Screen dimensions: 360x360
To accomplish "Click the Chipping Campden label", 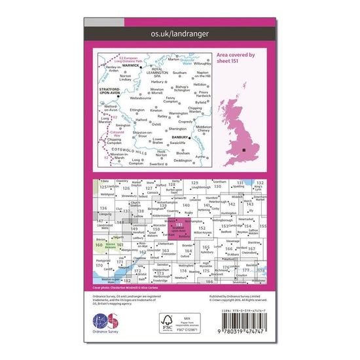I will click(x=115, y=142).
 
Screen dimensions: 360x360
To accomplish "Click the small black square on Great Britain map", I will click(x=243, y=151).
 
